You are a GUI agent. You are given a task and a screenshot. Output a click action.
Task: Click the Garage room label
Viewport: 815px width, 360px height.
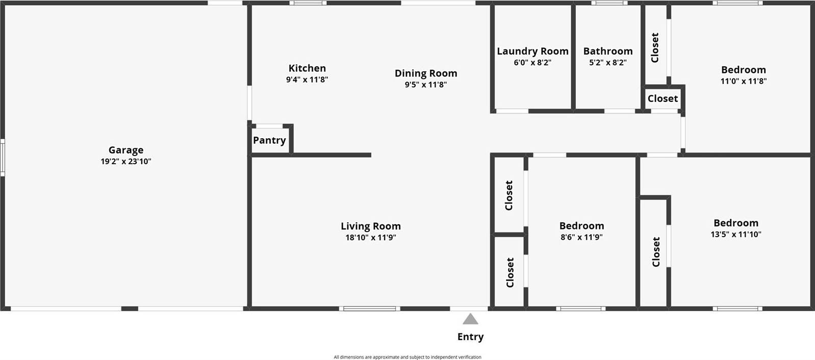pyautogui.click(x=125, y=150)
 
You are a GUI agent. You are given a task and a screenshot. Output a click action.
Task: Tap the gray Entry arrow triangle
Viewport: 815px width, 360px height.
pyautogui.click(x=470, y=320)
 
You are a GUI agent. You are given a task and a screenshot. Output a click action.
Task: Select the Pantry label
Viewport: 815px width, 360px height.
pyautogui.click(x=269, y=140)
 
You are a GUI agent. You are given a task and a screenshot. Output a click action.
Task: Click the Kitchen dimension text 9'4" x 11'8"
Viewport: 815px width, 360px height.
pyautogui.click(x=307, y=80)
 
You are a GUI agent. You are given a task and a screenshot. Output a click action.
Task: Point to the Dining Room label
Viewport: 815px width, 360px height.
pyautogui.click(x=426, y=73)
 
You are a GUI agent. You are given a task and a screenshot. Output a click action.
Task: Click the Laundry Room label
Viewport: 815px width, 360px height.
pyautogui.click(x=532, y=51)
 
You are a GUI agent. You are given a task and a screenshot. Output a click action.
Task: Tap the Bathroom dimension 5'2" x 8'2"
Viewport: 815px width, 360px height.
pyautogui.click(x=607, y=63)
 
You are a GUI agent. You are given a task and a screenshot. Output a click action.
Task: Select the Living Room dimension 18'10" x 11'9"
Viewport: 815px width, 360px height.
pyautogui.click(x=370, y=238)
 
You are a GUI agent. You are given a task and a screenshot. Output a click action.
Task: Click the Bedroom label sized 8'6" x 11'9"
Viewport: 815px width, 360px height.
pyautogui.click(x=581, y=226)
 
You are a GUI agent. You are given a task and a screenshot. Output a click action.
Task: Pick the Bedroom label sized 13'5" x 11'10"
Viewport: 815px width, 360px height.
pyautogui.click(x=735, y=223)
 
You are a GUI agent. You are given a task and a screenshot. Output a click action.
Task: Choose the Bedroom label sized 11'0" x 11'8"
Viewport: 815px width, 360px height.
pyautogui.click(x=743, y=70)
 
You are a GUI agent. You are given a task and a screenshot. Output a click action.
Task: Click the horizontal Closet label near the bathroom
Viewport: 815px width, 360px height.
pyautogui.click(x=663, y=98)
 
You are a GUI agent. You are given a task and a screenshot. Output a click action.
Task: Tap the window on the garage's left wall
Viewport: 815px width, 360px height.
pyautogui.click(x=2, y=158)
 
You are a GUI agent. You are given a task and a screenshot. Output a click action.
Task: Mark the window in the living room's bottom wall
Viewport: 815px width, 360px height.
pyautogui.click(x=369, y=308)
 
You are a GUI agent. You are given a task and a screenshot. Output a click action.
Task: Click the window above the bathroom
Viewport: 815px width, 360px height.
pyautogui.click(x=609, y=3)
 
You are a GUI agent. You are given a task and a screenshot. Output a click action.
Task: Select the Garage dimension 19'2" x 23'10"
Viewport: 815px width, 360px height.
pyautogui.click(x=125, y=162)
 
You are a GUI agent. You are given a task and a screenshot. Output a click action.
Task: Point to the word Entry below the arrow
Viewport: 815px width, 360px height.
pyautogui.click(x=470, y=337)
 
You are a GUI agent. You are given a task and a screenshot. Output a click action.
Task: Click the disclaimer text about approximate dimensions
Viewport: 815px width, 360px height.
pyautogui.click(x=407, y=357)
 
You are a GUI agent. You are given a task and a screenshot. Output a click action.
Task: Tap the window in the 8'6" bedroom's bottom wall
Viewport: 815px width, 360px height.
pyautogui.click(x=581, y=308)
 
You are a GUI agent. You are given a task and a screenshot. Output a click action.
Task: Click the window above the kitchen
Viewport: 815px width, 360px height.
pyautogui.click(x=308, y=3)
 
